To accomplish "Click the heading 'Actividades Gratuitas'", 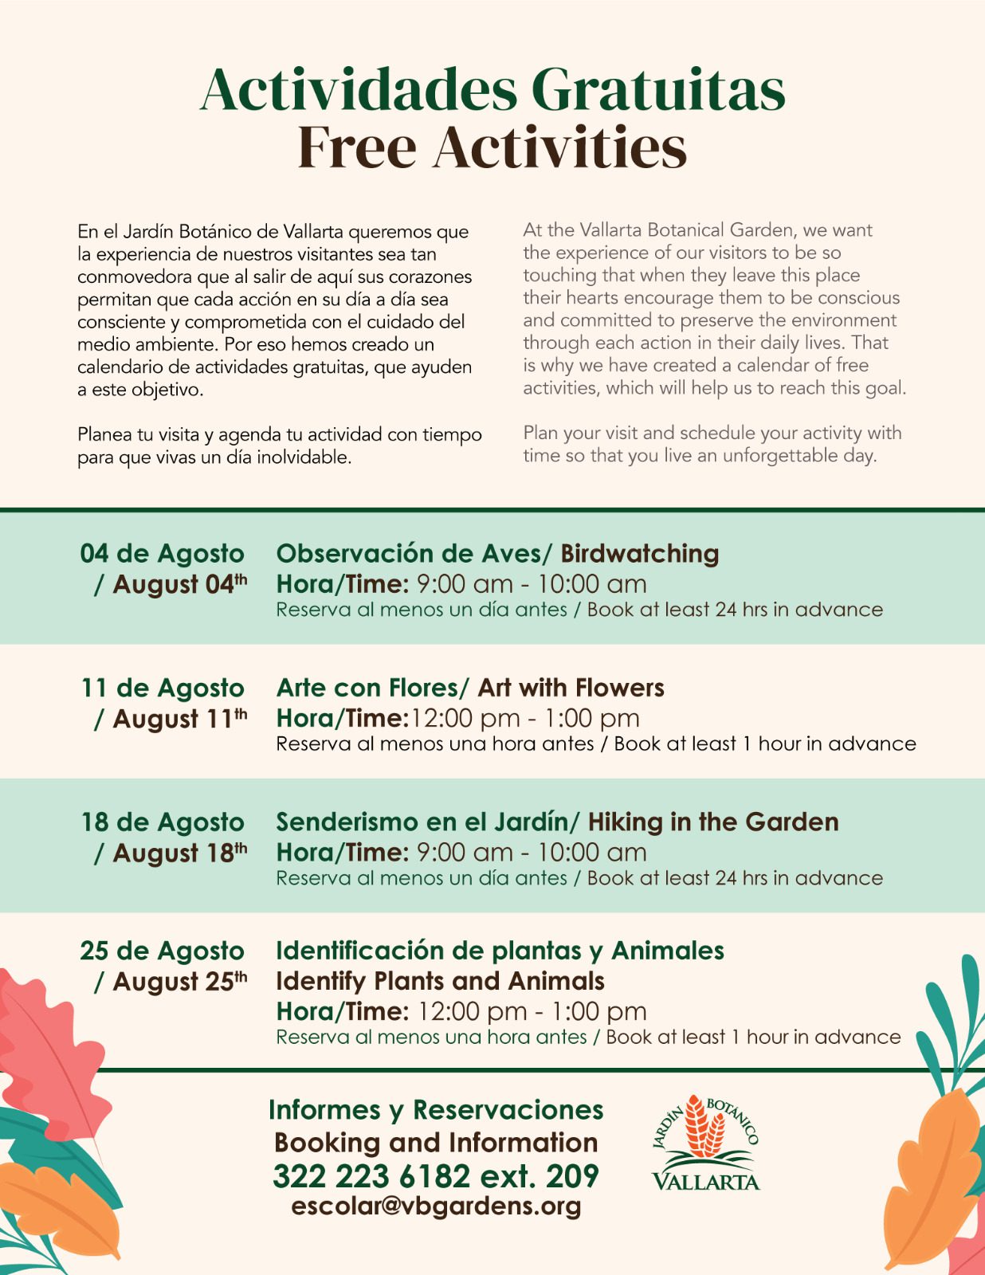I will [x=493, y=89].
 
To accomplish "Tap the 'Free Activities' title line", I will [x=493, y=147].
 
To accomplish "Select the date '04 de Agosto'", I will [x=162, y=553].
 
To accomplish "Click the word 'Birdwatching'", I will [x=639, y=553].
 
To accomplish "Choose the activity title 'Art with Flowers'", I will [x=571, y=688].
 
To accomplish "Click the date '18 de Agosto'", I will [x=163, y=822].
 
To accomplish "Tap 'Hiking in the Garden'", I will [x=713, y=822].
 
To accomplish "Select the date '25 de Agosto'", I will [x=162, y=951].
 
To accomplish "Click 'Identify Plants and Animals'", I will [x=440, y=981].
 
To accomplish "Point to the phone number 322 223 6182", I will [x=371, y=1176].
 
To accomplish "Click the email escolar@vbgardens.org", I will [x=436, y=1206].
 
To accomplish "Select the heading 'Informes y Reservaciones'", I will [x=436, y=1109].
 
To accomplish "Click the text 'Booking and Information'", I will [x=436, y=1143].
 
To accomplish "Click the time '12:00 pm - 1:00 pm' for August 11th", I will [x=524, y=718].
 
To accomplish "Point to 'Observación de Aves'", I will [x=409, y=553].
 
